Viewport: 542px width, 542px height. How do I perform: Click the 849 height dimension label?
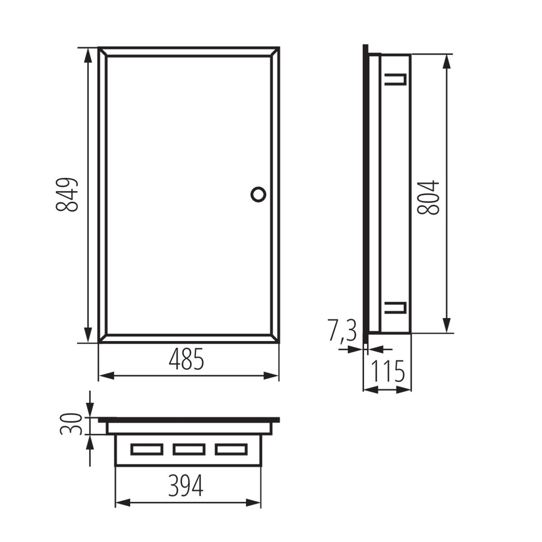coord(67,195)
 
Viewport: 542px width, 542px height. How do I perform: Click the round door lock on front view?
coord(258,194)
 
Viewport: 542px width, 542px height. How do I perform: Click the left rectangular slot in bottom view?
coord(146,449)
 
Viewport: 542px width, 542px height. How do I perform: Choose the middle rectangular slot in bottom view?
coord(189,449)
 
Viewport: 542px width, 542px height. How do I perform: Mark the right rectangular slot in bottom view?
coord(231,449)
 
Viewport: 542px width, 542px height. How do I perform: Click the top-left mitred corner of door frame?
coord(103,51)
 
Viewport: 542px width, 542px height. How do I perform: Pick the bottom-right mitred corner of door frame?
coord(275,338)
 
